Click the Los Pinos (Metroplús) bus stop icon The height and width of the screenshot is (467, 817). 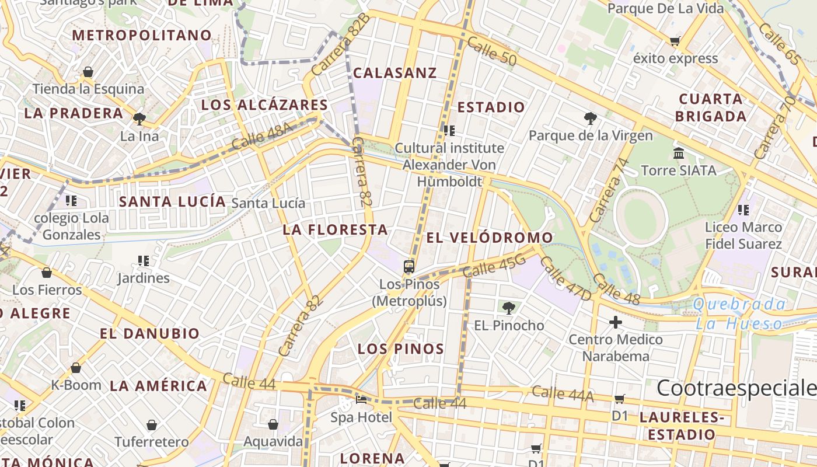(x=409, y=267)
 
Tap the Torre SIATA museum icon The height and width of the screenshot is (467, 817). (x=679, y=154)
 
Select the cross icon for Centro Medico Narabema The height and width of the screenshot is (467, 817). (x=616, y=322)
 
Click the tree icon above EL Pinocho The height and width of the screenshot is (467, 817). (x=509, y=308)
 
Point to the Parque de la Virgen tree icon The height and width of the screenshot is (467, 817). (x=591, y=119)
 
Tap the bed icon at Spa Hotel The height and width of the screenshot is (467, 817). (x=361, y=400)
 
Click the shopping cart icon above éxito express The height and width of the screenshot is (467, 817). (x=675, y=41)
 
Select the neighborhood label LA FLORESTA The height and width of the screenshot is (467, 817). (x=335, y=230)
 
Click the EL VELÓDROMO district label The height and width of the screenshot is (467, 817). (x=489, y=238)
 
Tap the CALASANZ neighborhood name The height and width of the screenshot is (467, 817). (x=395, y=73)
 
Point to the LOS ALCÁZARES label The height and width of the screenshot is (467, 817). (x=264, y=105)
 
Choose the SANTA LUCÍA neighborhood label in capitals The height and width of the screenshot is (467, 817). (x=172, y=202)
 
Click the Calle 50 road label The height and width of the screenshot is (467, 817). (x=492, y=51)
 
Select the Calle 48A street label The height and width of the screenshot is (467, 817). (x=260, y=138)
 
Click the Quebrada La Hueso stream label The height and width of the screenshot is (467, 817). (x=740, y=314)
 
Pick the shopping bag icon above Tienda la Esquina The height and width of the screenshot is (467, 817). (x=88, y=72)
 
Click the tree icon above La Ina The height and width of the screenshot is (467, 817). (x=139, y=119)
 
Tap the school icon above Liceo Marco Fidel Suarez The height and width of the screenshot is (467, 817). (x=743, y=210)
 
